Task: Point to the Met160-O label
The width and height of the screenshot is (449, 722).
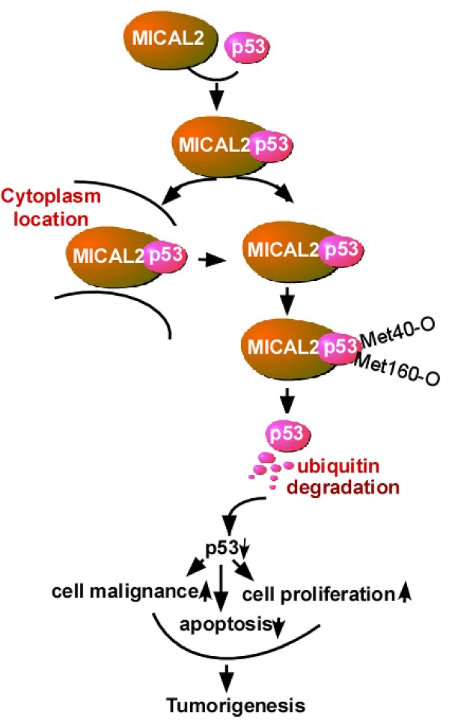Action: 401,371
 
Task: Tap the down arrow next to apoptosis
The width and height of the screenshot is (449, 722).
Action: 277,625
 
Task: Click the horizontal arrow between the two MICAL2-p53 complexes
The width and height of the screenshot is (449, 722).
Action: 213,260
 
